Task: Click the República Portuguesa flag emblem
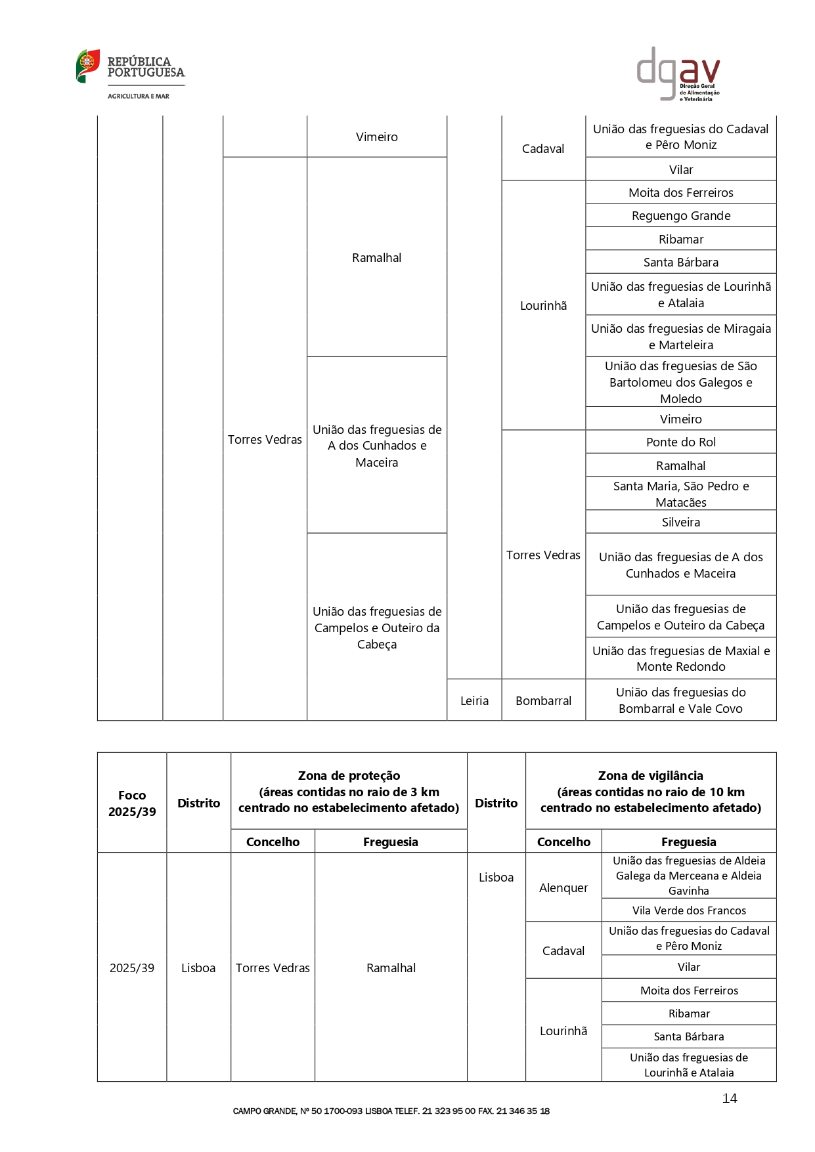tap(87, 66)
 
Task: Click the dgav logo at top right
tap(678, 74)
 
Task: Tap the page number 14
tap(729, 1098)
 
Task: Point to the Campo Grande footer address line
tap(391, 1111)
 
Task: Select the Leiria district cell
tap(474, 700)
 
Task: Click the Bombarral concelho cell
tap(543, 700)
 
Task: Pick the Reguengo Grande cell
tap(680, 215)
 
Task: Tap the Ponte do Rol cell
tap(680, 442)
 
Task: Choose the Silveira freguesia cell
tap(680, 522)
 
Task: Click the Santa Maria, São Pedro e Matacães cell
tap(680, 494)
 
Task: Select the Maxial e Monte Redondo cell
tap(680, 658)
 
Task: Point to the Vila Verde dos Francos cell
tap(688, 910)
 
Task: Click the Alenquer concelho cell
tap(563, 887)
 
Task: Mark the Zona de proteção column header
tap(349, 791)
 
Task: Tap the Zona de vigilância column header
tap(650, 791)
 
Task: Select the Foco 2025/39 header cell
tap(132, 803)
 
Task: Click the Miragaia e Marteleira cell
tap(680, 336)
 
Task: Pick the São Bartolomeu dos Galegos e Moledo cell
tap(680, 382)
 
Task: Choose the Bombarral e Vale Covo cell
tap(680, 700)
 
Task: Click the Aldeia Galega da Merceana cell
tap(688, 875)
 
